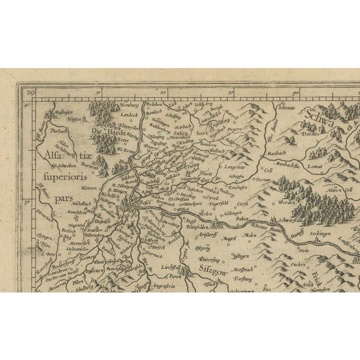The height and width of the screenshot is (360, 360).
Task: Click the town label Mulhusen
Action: [x=57, y=112]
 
